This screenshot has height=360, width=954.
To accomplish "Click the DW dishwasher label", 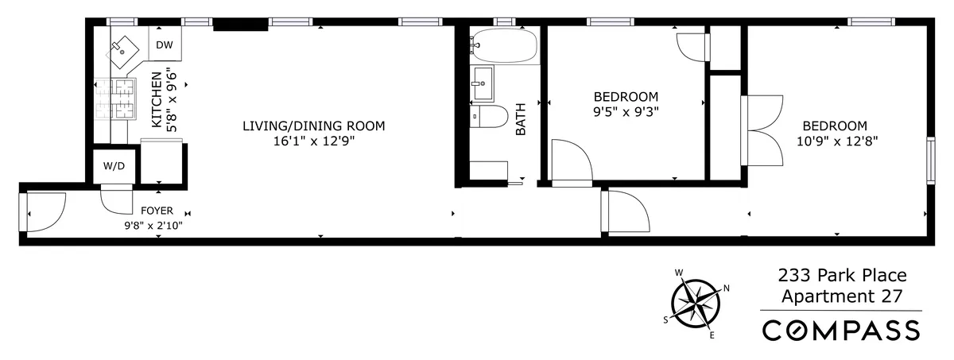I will coord(165,45).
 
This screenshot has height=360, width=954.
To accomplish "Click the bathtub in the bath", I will coord(502,45).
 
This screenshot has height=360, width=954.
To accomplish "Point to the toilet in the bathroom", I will coord(491,118).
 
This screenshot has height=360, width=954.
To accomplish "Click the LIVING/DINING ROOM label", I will coord(313,126).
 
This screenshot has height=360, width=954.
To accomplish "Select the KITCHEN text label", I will coord(157,100).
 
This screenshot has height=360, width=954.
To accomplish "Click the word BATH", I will coord(522,123).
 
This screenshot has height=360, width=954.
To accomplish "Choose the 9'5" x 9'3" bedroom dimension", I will coord(626,111).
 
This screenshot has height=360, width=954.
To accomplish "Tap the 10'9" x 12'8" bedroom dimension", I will coord(834,141).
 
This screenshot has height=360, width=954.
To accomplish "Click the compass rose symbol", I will coord(696,303).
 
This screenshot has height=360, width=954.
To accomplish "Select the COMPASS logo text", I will coord(841,329).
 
